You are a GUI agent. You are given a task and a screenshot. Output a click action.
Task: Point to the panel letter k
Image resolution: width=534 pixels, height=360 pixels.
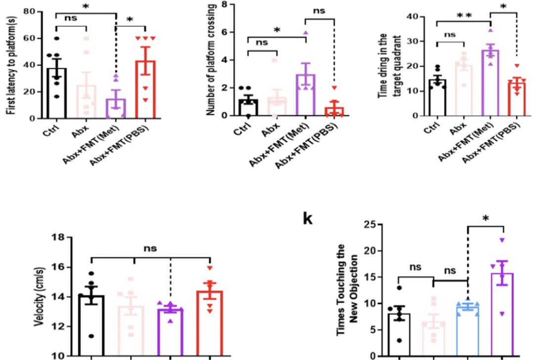click(x=307, y=218)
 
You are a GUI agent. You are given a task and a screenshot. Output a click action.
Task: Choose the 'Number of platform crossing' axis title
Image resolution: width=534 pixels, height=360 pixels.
click(x=212, y=59)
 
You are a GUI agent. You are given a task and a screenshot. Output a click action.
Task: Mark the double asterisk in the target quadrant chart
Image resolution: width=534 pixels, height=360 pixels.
click(x=464, y=15)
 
